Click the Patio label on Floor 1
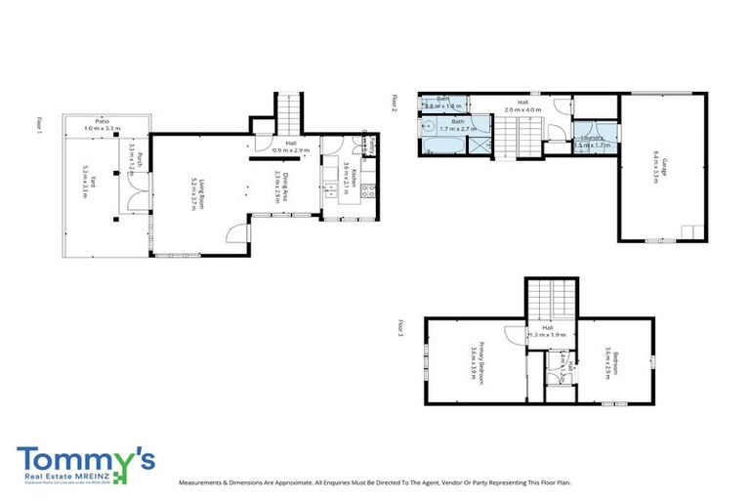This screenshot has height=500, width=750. click(x=101, y=124)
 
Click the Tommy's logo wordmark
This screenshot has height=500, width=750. click(x=86, y=461)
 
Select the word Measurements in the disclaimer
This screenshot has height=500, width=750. click(x=207, y=482)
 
